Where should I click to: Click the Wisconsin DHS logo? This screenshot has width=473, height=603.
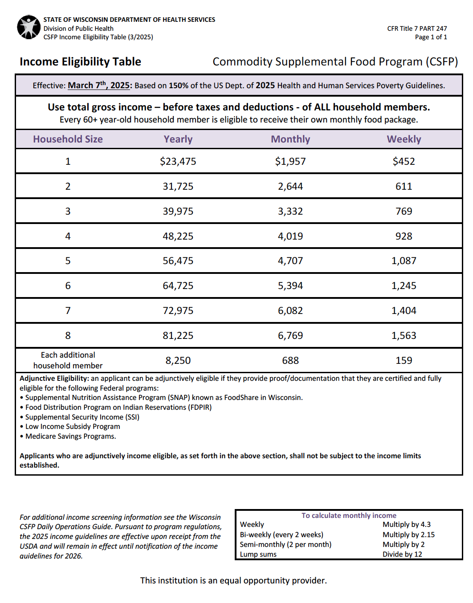(29, 27)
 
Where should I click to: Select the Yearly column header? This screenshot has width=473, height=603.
(178, 139)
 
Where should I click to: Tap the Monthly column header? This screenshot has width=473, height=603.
(290, 139)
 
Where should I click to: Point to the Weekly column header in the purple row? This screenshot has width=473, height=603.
(404, 139)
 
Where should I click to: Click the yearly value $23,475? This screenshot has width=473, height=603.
(178, 161)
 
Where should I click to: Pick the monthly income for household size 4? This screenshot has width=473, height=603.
(290, 236)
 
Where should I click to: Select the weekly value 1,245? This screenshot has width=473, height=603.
(404, 285)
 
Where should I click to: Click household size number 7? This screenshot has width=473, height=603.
(68, 310)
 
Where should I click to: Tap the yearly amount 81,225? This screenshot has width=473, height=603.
(178, 335)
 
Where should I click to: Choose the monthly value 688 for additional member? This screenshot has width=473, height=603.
(290, 360)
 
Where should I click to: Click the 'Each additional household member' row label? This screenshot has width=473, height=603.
(68, 360)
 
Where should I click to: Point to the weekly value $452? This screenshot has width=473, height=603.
(404, 161)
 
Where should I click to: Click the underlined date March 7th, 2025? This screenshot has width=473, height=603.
(98, 86)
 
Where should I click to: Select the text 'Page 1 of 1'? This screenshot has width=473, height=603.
(431, 37)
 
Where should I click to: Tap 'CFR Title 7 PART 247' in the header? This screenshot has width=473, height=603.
(417, 29)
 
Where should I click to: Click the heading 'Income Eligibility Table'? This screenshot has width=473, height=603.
(80, 62)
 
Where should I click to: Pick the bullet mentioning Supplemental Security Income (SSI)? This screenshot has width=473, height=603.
(82, 417)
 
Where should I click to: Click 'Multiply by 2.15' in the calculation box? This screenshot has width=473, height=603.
(408, 534)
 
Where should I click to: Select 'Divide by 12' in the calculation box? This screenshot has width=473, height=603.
(402, 554)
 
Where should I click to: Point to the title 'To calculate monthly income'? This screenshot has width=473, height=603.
(349, 516)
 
